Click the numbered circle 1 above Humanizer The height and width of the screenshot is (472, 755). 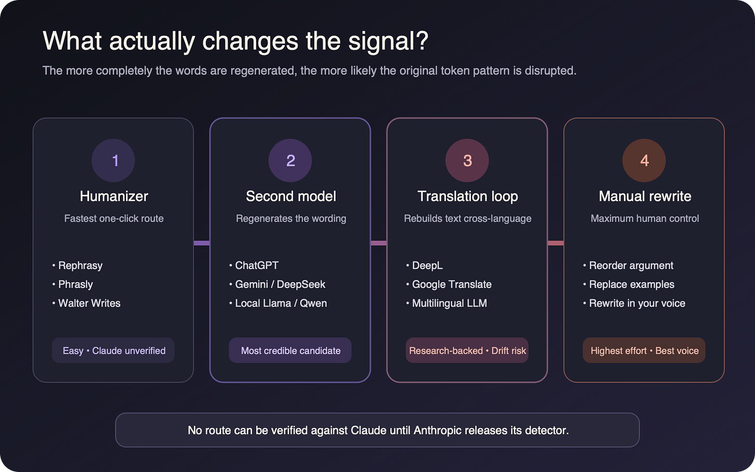pyautogui.click(x=113, y=160)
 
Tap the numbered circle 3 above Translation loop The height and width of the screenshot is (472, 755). pyautogui.click(x=467, y=160)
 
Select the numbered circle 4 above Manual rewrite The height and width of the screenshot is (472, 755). pyautogui.click(x=644, y=160)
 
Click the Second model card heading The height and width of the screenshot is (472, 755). pyautogui.click(x=291, y=196)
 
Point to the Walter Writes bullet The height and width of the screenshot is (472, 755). pyautogui.click(x=86, y=303)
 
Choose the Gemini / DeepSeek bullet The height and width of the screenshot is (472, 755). pyautogui.click(x=277, y=284)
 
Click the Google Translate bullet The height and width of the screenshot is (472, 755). pyautogui.click(x=449, y=284)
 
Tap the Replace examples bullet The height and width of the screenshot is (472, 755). pyautogui.click(x=628, y=284)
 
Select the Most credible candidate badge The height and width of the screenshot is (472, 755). pyautogui.click(x=290, y=350)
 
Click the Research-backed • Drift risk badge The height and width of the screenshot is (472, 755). pyautogui.click(x=467, y=350)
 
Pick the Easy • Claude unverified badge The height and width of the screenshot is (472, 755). pyautogui.click(x=113, y=350)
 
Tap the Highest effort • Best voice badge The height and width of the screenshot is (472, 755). pyautogui.click(x=644, y=350)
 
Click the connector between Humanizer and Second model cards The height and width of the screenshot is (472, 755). pyautogui.click(x=202, y=243)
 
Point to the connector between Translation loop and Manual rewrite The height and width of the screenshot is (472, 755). pyautogui.click(x=555, y=243)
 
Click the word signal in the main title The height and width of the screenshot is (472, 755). pyautogui.click(x=388, y=41)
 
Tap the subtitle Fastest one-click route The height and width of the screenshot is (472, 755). pyautogui.click(x=114, y=218)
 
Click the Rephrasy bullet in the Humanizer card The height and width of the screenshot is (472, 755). pyautogui.click(x=77, y=266)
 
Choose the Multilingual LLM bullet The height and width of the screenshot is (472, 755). pyautogui.click(x=446, y=303)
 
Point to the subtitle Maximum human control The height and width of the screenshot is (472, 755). pyautogui.click(x=645, y=218)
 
